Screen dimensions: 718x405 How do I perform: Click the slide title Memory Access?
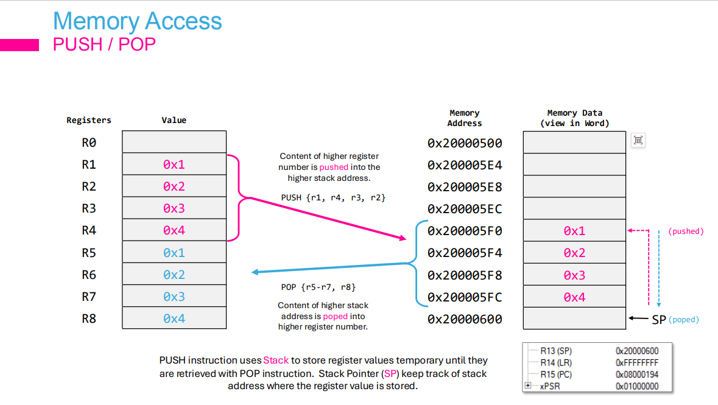coord(137,21)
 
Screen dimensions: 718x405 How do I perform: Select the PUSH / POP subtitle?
coord(104,44)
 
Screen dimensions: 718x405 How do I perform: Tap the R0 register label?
coord(89,143)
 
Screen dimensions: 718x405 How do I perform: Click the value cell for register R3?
coord(174,208)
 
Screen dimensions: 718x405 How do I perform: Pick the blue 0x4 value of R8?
coord(174,319)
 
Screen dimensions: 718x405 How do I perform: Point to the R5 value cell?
coord(174,253)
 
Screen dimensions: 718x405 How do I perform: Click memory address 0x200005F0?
coord(465,231)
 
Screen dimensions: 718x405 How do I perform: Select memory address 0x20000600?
coord(465,319)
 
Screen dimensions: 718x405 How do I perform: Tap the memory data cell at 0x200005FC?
coord(574,297)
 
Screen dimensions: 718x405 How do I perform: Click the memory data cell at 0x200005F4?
coord(574,253)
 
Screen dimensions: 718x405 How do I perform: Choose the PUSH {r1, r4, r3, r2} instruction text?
coord(333,198)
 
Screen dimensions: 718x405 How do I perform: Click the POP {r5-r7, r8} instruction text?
coord(319,287)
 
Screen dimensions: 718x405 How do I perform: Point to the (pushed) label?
coord(686,231)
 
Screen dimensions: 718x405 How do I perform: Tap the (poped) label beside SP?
coord(684,320)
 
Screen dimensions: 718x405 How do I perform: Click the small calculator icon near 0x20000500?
coord(638,141)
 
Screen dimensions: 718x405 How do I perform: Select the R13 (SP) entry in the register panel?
coord(556,351)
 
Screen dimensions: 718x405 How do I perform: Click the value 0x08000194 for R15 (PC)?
coord(637,375)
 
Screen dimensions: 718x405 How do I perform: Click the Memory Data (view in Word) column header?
coord(574,118)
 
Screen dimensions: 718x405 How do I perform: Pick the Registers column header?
coord(89,121)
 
